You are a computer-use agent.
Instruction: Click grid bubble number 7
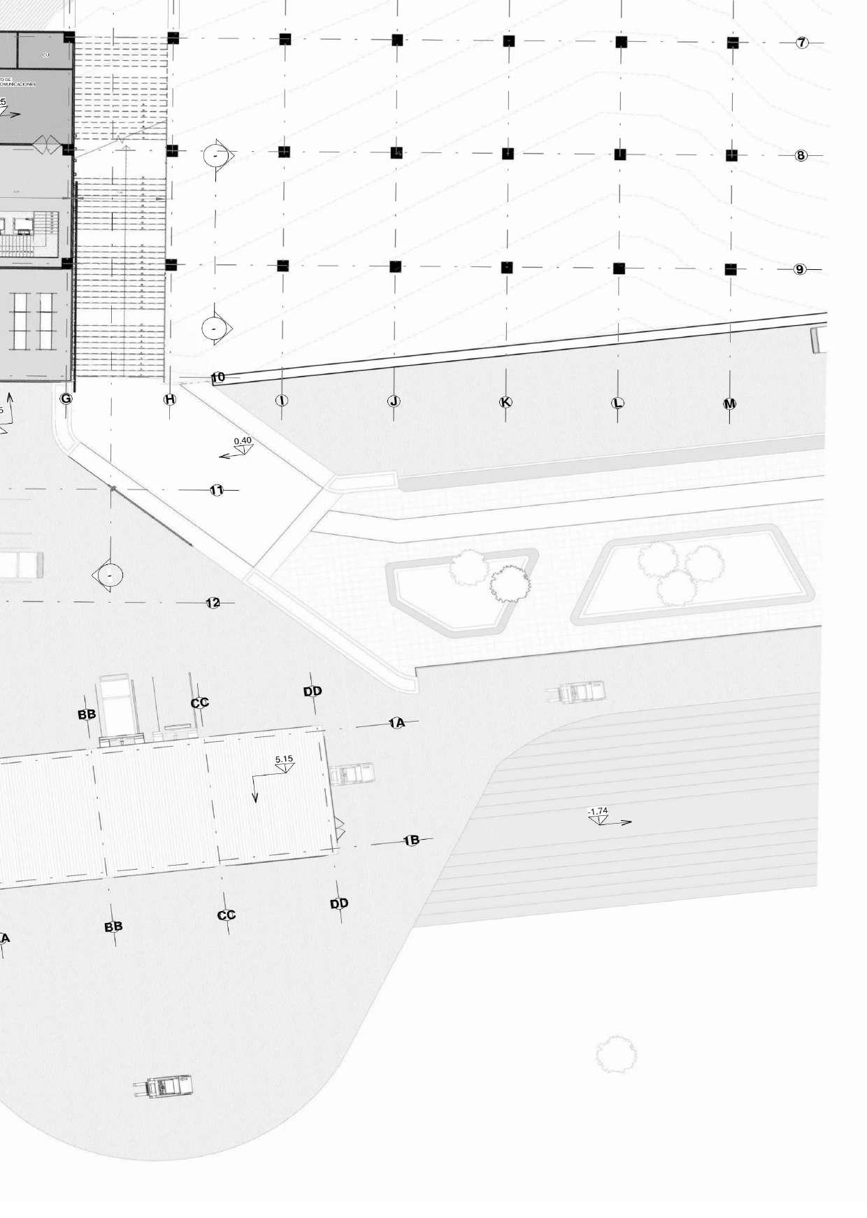pos(802,43)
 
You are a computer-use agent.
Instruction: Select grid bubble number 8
pos(801,155)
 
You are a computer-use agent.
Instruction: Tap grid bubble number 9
pos(800,269)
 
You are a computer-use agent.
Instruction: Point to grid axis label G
pos(66,399)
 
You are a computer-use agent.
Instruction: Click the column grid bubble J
pos(394,401)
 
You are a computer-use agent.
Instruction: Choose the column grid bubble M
pos(729,403)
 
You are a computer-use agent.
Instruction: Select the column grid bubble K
pos(506,402)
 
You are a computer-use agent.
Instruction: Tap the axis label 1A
pos(397,723)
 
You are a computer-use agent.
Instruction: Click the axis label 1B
pos(412,840)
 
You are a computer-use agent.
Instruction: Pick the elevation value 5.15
pos(284,759)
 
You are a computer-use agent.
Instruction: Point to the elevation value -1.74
pos(598,812)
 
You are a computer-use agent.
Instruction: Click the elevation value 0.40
pos(243,441)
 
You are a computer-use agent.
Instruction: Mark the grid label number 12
pos(213,603)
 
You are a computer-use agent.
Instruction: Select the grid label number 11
pos(217,490)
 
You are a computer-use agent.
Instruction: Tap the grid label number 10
pos(218,378)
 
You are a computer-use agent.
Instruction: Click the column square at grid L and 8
pos(619,155)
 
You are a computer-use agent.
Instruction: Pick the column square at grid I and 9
pos(282,266)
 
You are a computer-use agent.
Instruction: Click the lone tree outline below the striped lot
pos(616,1054)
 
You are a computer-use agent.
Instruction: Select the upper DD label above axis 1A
pos(313,692)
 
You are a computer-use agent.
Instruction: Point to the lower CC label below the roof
pos(227,915)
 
